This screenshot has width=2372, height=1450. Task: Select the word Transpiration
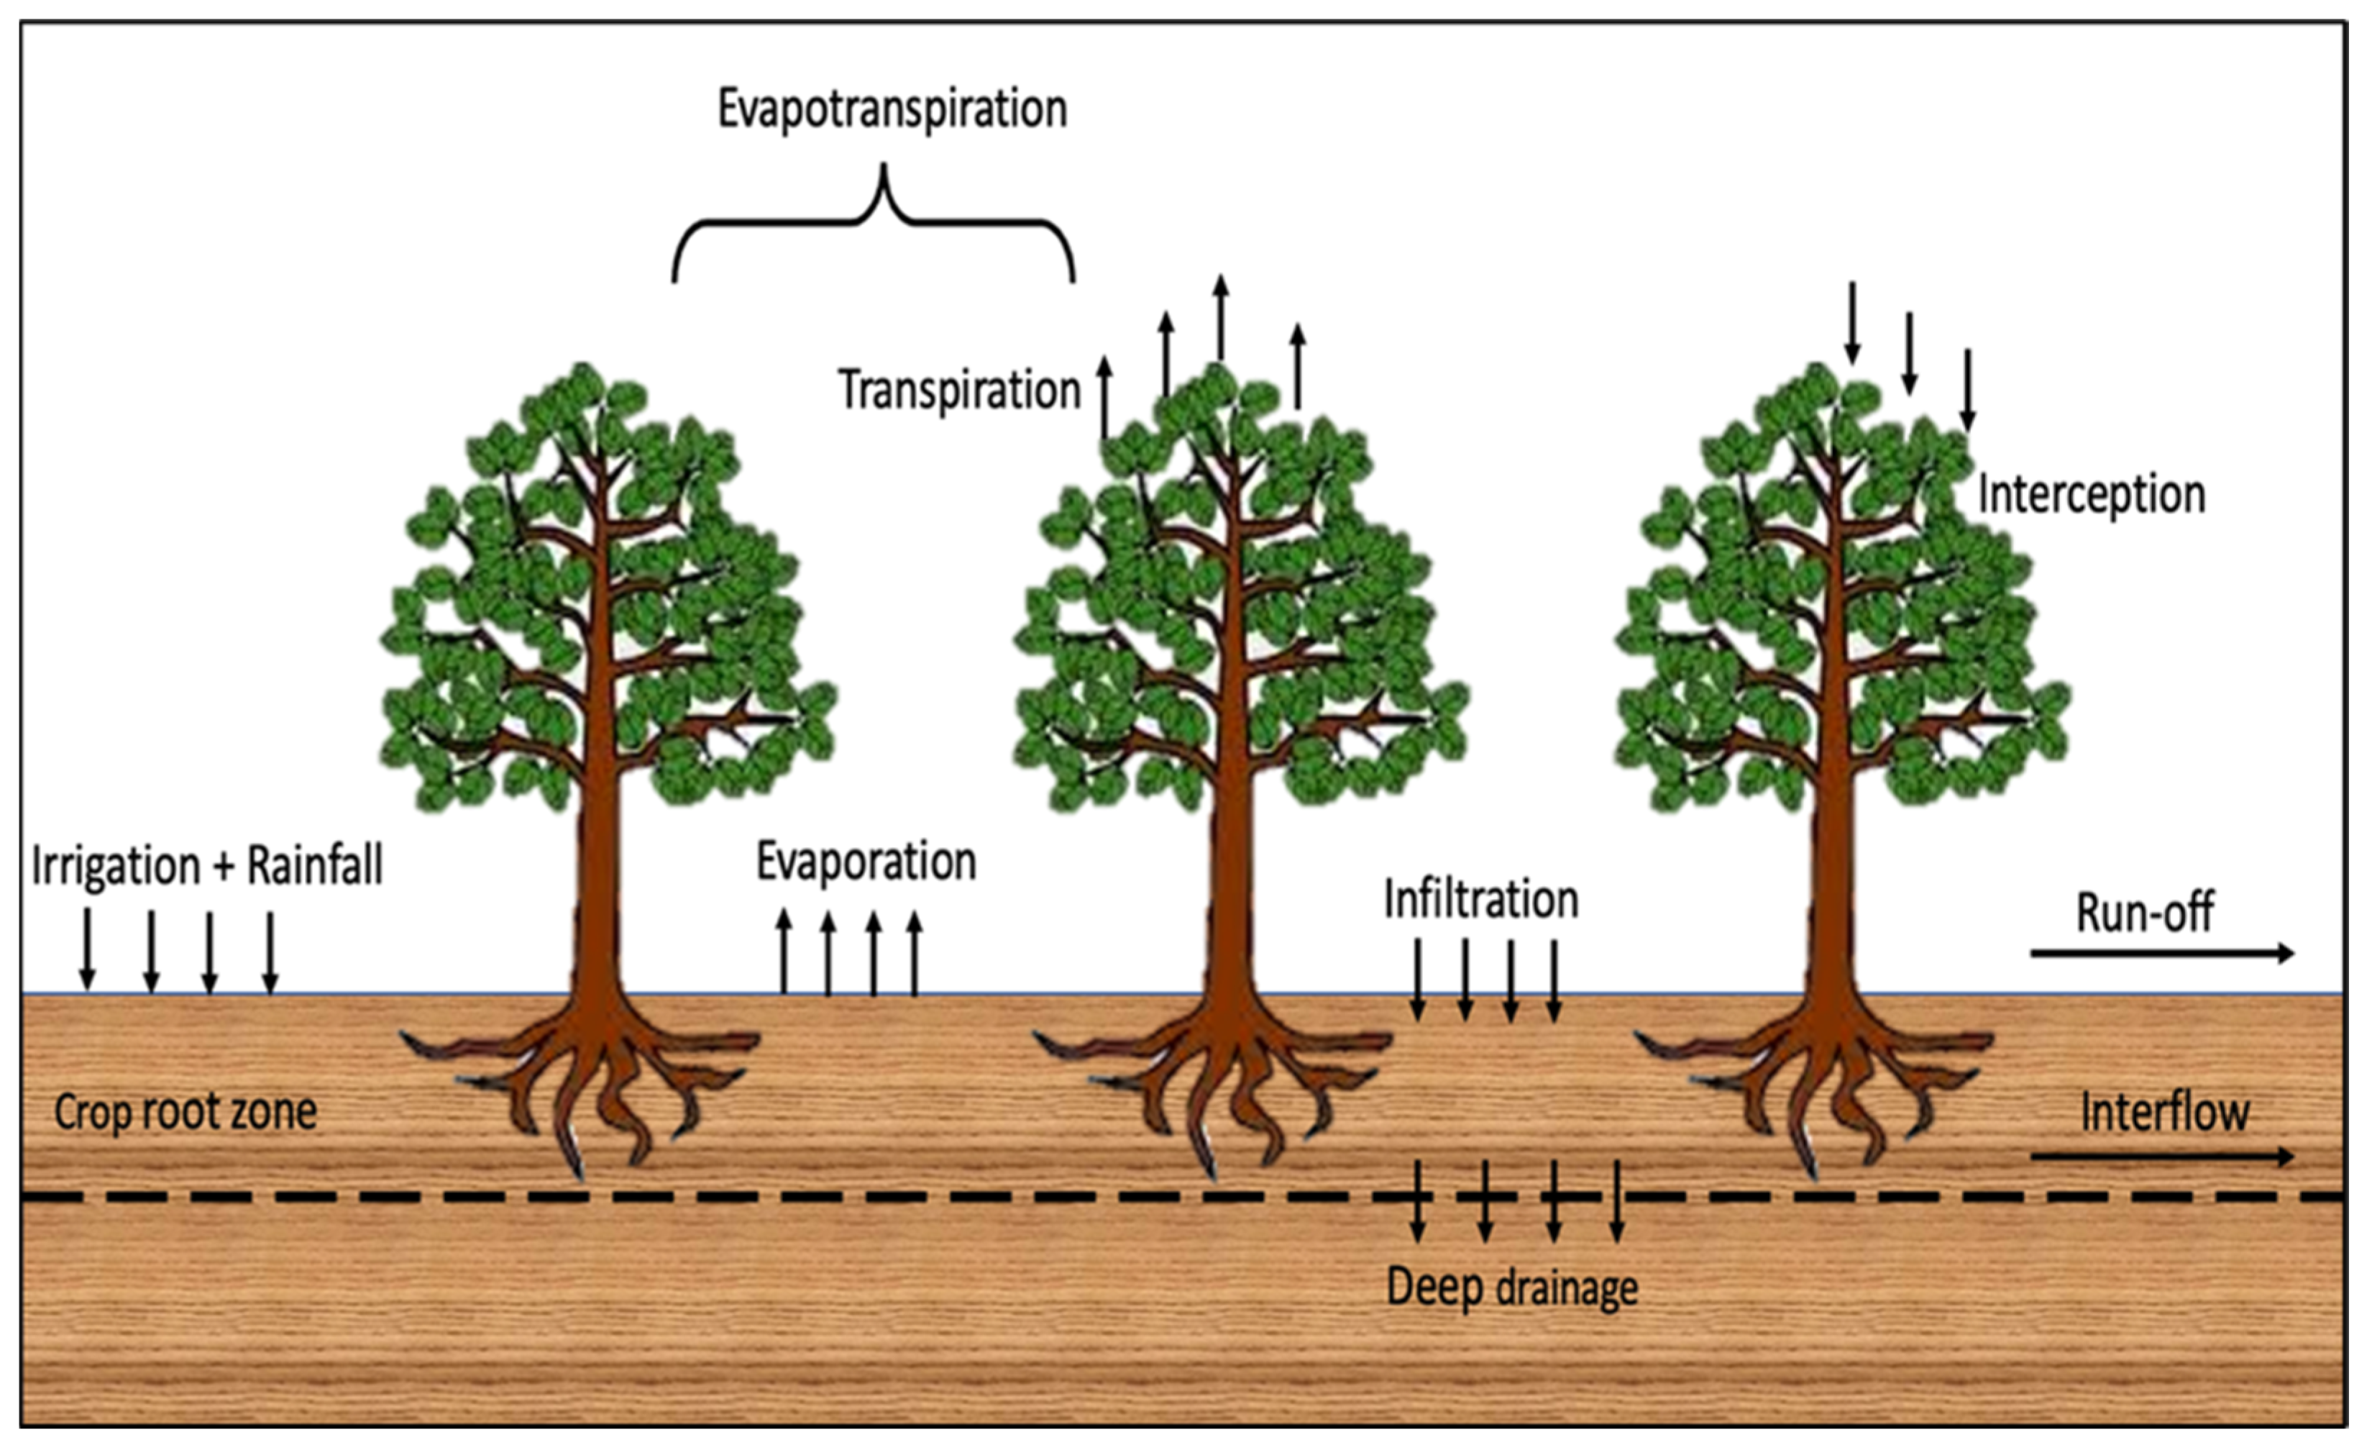click(960, 390)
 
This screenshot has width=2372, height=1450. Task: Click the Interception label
click(2091, 495)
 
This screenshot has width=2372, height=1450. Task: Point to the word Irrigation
click(116, 865)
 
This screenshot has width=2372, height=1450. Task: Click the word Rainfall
click(315, 865)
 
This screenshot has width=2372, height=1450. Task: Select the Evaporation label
click(866, 861)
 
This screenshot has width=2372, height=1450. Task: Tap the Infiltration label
click(1480, 899)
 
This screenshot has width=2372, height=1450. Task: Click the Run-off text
click(2145, 913)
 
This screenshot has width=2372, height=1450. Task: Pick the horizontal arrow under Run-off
click(2162, 953)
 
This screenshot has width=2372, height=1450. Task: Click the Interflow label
click(2164, 1113)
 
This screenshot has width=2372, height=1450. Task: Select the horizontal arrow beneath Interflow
click(2162, 1157)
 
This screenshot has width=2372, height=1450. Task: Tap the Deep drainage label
click(1511, 1288)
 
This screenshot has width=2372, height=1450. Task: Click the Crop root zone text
click(185, 1112)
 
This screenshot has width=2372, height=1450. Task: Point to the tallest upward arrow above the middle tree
click(1221, 318)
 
